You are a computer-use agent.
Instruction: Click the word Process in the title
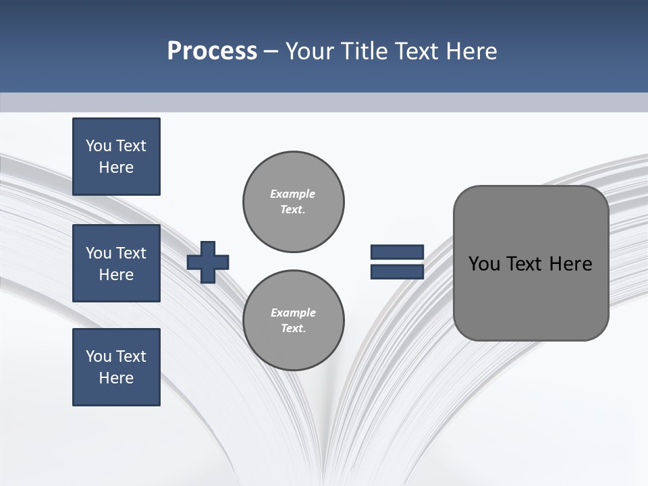212,51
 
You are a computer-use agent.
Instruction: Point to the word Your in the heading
310,51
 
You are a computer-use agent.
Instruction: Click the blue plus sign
208,262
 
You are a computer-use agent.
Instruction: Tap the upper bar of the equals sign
397,252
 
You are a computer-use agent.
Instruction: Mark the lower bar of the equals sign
397,272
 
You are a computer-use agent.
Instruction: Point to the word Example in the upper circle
293,194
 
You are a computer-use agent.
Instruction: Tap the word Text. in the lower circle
293,329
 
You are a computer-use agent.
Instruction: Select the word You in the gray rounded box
484,264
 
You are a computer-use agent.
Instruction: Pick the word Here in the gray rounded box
570,264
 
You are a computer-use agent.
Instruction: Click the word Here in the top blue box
116,167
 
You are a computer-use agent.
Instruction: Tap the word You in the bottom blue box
99,356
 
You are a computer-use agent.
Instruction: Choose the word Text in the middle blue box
131,253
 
